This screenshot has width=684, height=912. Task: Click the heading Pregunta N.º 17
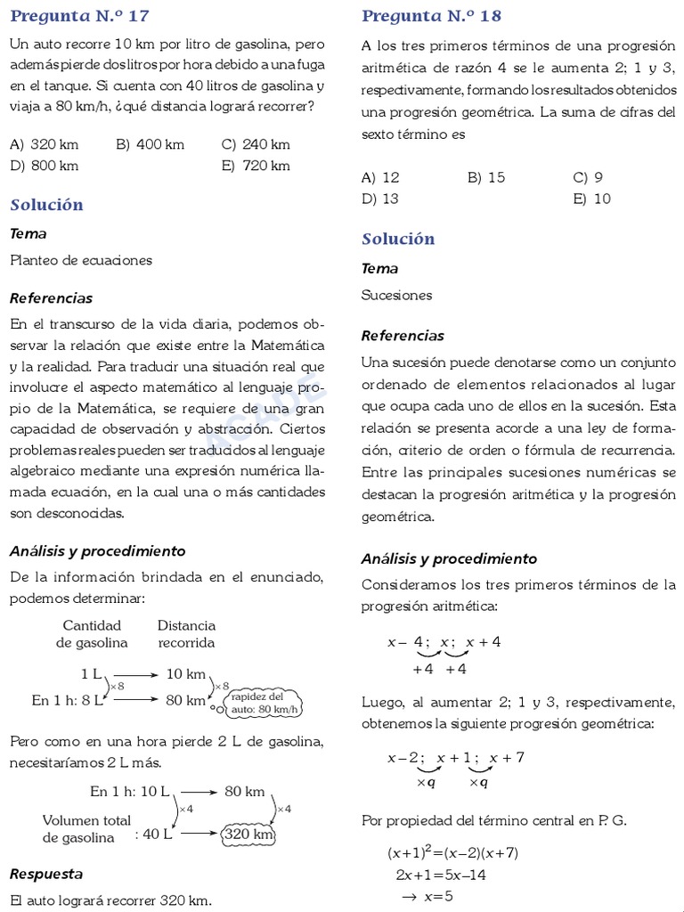pos(79,16)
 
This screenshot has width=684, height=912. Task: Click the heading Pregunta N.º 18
pos(431,16)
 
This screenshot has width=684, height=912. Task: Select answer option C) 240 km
pos(256,144)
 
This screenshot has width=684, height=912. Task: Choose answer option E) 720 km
pos(256,166)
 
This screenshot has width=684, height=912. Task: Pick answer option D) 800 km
pos(45,166)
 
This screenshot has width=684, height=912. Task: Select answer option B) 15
pos(486,177)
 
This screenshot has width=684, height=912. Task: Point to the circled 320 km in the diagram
pos(248,835)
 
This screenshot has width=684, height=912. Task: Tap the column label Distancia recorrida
pos(186,634)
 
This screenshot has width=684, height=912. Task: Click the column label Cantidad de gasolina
pos(92,634)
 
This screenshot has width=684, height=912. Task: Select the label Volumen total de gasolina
pos(85,828)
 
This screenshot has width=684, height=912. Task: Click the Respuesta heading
pos(46,874)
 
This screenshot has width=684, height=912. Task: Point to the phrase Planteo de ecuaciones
pos(81,260)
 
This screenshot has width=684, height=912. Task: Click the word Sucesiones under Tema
pos(396,295)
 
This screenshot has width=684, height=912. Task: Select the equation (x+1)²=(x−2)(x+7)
pos(452,853)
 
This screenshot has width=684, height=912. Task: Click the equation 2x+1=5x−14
pos(441,875)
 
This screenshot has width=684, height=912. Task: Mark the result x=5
pos(432,896)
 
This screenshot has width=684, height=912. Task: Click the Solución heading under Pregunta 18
pos(398,239)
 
